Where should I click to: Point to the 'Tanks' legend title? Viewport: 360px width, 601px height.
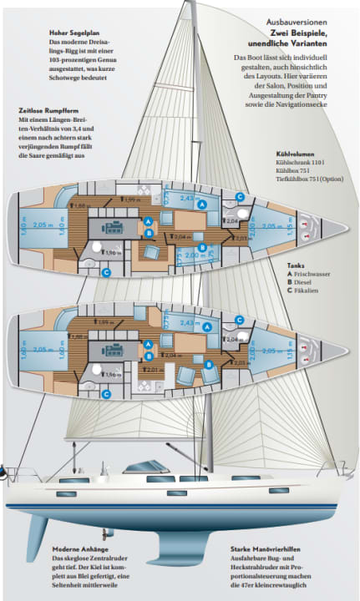coord(296,264)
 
